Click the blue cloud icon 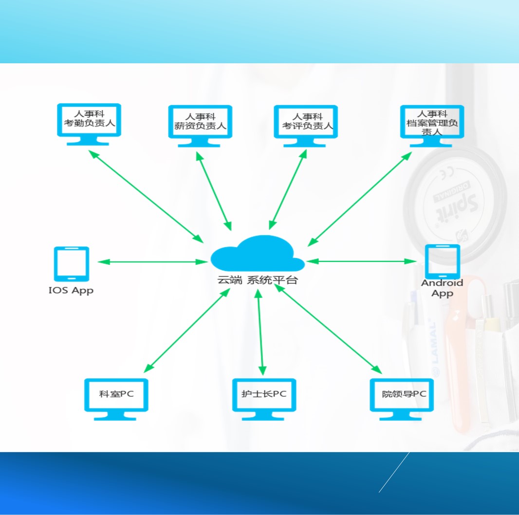(x=257, y=253)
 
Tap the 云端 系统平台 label (x=257, y=280)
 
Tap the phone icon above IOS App (x=71, y=263)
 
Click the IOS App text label (x=71, y=291)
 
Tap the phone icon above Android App (x=442, y=261)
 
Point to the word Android (x=442, y=283)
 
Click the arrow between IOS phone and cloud (x=152, y=262)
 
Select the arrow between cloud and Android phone (x=361, y=261)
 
